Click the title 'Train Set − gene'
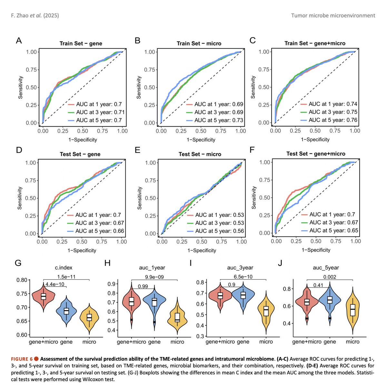coord(81,44)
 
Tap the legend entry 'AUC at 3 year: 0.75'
coord(329,112)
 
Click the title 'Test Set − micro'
coord(200,154)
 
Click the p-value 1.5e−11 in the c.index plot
coord(66,277)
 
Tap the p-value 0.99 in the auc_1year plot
coord(143,286)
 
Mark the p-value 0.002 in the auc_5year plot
coord(330,277)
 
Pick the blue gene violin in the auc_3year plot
coord(243,296)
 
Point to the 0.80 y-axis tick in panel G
coord(22,280)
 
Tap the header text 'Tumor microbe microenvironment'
coord(333,16)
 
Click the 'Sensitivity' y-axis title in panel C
coord(253,87)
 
